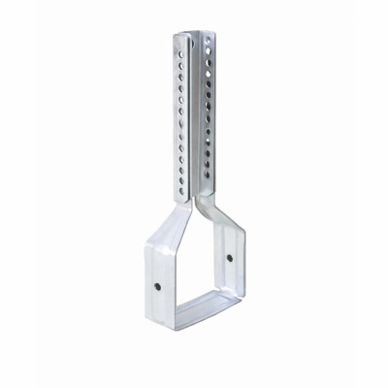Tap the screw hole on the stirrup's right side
[229, 259]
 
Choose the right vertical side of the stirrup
[232, 262]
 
